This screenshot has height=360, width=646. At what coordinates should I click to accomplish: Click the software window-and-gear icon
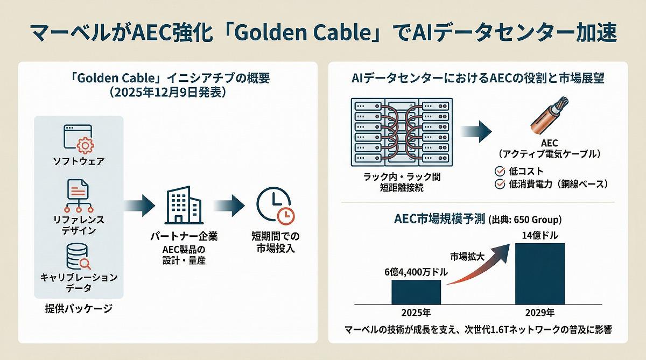point(79,138)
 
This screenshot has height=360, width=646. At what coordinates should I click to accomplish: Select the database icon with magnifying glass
point(79,257)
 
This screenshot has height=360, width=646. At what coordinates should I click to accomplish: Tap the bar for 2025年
point(416,291)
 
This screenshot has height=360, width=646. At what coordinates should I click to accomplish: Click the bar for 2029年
point(540,273)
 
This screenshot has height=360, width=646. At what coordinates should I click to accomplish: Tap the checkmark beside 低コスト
point(498,171)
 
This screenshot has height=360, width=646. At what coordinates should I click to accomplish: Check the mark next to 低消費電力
point(498,185)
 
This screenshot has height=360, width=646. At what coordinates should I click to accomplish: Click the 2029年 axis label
point(540,313)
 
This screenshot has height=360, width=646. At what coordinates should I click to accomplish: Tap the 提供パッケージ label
point(79,309)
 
